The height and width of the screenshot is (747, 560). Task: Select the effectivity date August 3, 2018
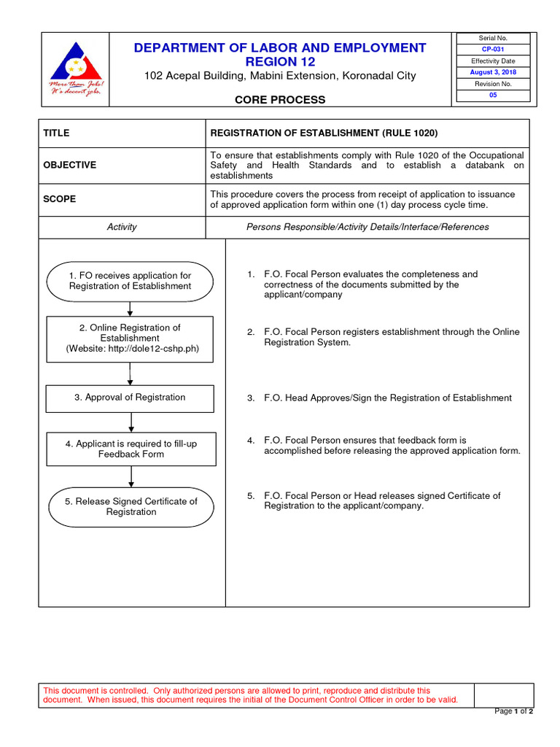tap(492, 72)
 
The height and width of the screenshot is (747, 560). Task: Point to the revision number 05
tap(492, 95)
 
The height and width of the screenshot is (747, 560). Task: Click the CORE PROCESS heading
tap(280, 100)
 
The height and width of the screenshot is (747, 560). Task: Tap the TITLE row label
tap(56, 133)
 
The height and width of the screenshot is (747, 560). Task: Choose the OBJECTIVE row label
tap(69, 165)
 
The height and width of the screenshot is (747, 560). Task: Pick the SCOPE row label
tap(59, 199)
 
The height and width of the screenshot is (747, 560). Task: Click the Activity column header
tap(122, 227)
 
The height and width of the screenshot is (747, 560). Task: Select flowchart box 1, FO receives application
tap(130, 281)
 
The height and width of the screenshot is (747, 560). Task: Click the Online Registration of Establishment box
tap(130, 338)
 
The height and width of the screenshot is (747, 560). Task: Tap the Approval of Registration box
tap(130, 398)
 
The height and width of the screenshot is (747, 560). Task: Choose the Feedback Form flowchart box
tap(131, 449)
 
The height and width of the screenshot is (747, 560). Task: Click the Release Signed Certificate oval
tap(131, 506)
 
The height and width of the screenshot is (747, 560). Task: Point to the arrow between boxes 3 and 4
tap(131, 422)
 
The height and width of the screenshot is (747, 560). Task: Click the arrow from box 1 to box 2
tap(130, 309)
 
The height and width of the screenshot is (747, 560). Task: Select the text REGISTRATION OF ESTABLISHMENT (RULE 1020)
tap(324, 133)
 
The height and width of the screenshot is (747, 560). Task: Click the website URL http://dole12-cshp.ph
tap(152, 349)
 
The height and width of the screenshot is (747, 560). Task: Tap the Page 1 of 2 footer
tap(514, 711)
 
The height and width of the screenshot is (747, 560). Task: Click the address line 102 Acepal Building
tap(280, 76)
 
